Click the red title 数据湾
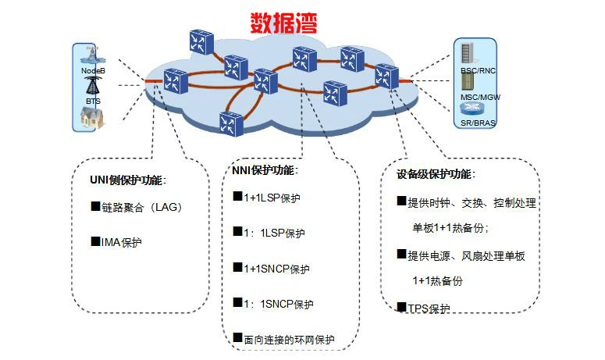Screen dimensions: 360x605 pyautogui.click(x=283, y=22)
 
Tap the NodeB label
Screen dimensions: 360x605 pyautogui.click(x=93, y=71)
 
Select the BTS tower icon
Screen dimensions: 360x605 pyautogui.click(x=93, y=87)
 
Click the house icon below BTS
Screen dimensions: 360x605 pyautogui.click(x=92, y=118)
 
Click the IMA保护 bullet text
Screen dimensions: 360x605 pyautogui.click(x=121, y=242)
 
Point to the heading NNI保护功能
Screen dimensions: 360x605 pyautogui.click(x=265, y=170)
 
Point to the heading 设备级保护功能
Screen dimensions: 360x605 pyautogui.click(x=436, y=174)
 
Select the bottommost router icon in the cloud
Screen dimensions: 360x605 pyautogui.click(x=230, y=123)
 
